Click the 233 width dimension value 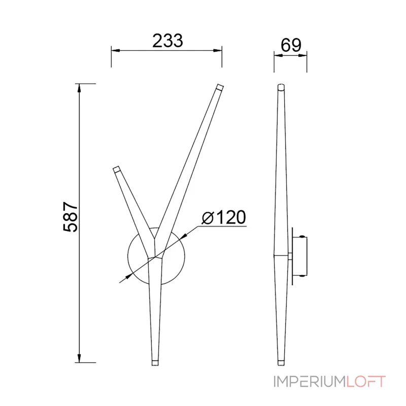167,41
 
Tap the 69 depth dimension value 291,45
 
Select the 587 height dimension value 71,217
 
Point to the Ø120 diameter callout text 224,217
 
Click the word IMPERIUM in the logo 310,382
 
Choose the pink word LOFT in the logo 366,382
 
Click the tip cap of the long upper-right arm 220,86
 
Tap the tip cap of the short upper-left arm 116,169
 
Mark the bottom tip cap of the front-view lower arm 155,363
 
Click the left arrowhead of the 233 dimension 116,50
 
